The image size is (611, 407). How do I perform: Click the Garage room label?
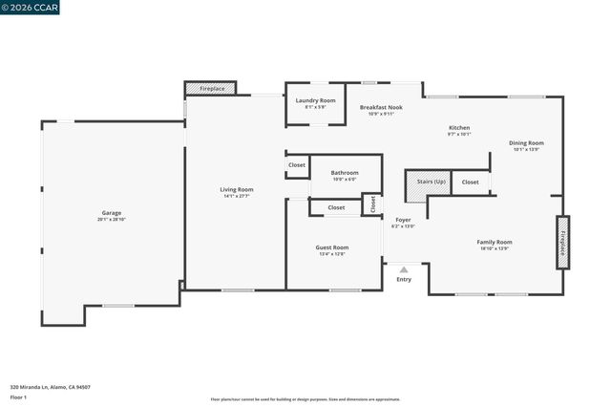(x=112, y=212)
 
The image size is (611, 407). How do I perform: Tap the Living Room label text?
(x=236, y=189)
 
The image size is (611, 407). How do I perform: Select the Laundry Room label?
(x=315, y=100)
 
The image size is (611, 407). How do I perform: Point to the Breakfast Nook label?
(x=381, y=107)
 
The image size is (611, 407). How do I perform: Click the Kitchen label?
(x=459, y=127)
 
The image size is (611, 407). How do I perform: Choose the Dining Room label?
(x=526, y=142)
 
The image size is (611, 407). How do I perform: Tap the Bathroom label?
(x=345, y=172)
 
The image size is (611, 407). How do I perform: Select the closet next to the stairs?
(x=470, y=182)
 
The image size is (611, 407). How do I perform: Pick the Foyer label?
(x=404, y=220)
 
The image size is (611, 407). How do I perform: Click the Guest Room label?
(x=332, y=247)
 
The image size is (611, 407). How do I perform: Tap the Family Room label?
(x=495, y=242)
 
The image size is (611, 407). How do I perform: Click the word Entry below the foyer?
(x=404, y=279)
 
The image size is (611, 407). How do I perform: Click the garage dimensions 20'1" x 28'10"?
(x=112, y=219)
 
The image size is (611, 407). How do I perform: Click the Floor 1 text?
(x=18, y=396)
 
